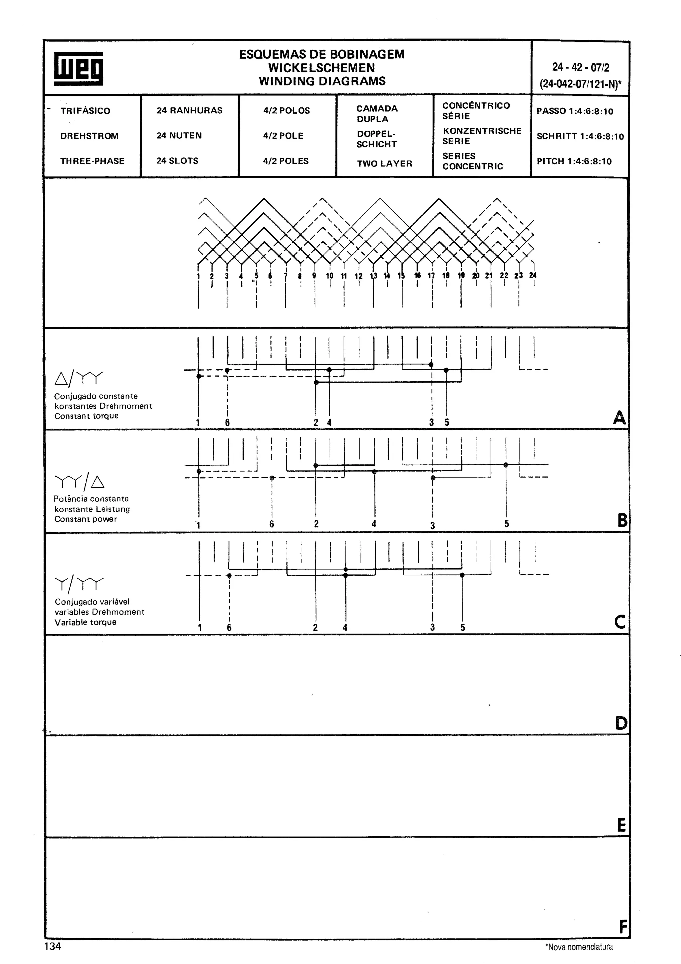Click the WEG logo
(x=78, y=69)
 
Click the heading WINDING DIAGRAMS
(x=322, y=81)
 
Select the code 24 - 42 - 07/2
(x=580, y=67)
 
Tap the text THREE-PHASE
(x=92, y=161)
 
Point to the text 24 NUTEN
(x=179, y=136)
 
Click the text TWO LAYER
(x=384, y=164)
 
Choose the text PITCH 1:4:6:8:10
(x=574, y=162)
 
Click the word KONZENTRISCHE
(x=482, y=131)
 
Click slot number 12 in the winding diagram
(x=358, y=276)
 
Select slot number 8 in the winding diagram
(x=300, y=276)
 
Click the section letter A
(x=619, y=418)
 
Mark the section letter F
(x=623, y=927)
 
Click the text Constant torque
(x=86, y=416)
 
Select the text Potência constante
(x=91, y=499)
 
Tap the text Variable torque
(x=85, y=622)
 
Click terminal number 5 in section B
(x=506, y=524)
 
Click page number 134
(x=53, y=946)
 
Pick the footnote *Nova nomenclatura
(x=579, y=947)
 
